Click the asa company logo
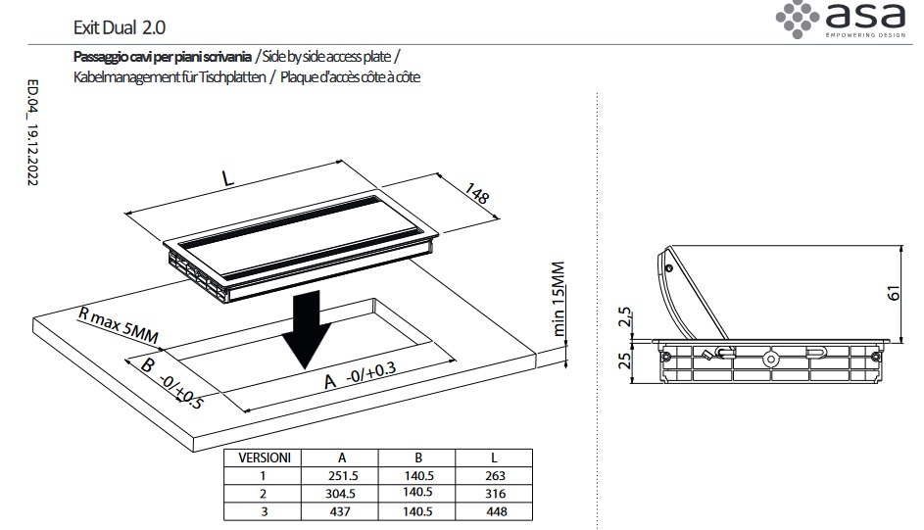click(x=841, y=20)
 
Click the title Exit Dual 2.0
click(x=119, y=27)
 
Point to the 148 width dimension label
click(x=477, y=193)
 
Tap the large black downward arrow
click(x=306, y=329)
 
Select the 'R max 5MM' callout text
click(x=119, y=325)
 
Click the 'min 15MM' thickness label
click(x=559, y=299)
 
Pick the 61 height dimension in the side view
click(x=894, y=293)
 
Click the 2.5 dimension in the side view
click(x=624, y=316)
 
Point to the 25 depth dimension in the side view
click(x=624, y=361)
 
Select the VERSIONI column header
click(x=265, y=458)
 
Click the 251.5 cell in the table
click(x=343, y=476)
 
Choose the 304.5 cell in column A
click(x=341, y=494)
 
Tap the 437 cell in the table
click(x=340, y=511)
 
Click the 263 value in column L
click(x=496, y=476)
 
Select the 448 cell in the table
click(x=497, y=511)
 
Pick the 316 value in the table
click(x=496, y=494)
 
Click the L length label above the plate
click(x=228, y=178)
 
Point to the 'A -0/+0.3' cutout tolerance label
click(x=360, y=376)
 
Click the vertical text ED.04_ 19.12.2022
click(x=33, y=133)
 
